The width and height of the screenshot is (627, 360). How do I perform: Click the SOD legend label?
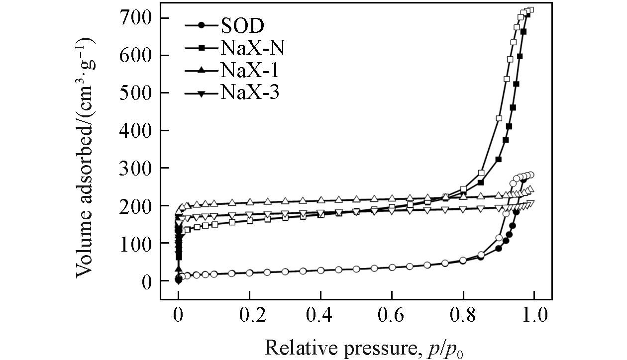pyautogui.click(x=242, y=25)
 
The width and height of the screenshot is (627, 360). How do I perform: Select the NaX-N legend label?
pyautogui.click(x=253, y=48)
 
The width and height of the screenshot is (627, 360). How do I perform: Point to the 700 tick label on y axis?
pyautogui.click(x=135, y=18)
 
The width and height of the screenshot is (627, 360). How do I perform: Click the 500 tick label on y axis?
pyautogui.click(x=135, y=93)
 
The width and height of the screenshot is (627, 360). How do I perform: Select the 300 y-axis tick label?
pyautogui.click(x=135, y=169)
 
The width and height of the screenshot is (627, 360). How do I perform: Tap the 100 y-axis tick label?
pyautogui.click(x=135, y=244)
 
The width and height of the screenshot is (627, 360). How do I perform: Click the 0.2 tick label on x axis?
pyautogui.click(x=249, y=316)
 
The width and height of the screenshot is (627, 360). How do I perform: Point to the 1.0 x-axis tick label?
pyautogui.click(x=534, y=316)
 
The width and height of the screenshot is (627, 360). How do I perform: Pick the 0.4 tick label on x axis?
pyautogui.click(x=320, y=316)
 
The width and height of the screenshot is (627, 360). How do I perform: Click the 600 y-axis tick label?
pyautogui.click(x=135, y=56)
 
